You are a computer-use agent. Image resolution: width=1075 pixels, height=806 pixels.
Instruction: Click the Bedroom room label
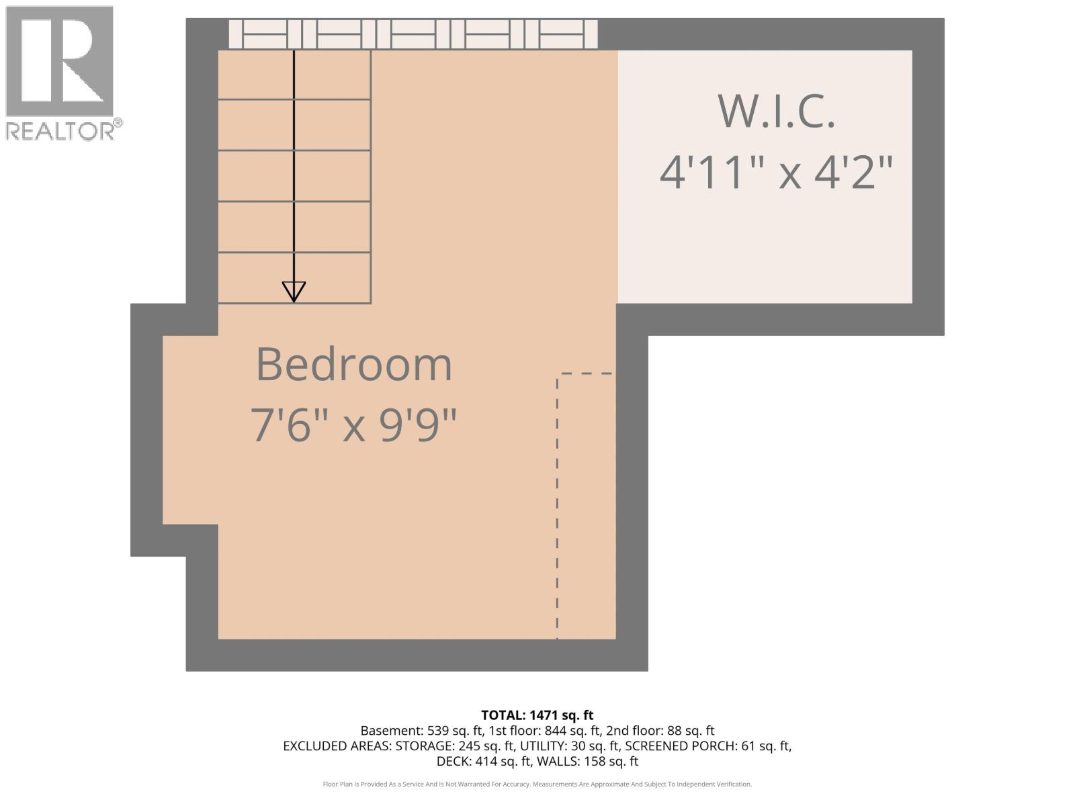pos(354,365)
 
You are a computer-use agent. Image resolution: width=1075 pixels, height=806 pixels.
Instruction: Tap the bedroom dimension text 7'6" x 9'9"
pos(353,424)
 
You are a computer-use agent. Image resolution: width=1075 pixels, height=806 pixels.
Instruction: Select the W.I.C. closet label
pos(777,111)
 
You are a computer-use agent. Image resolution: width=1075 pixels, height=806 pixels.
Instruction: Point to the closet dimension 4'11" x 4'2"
pos(777,172)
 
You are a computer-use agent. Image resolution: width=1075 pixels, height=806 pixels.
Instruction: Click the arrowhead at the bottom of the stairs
pos(294,292)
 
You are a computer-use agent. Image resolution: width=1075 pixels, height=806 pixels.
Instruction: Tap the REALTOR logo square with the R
pos(59,62)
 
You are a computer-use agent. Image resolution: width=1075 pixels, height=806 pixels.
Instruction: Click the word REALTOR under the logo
pos(60,130)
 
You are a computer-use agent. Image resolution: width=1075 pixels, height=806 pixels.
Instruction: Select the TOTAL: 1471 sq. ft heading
pos(537,715)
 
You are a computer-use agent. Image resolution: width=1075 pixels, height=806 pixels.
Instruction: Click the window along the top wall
pos(413,34)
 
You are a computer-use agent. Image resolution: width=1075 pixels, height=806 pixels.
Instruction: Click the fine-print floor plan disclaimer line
pos(537,785)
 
